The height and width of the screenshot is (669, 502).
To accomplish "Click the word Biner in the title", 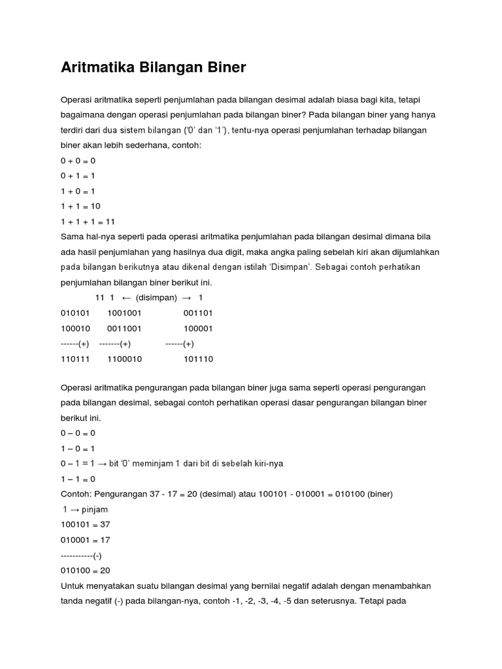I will click(224, 67).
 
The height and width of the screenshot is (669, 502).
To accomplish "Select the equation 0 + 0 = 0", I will click(78, 160).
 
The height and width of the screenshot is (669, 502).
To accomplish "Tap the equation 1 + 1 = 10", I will click(80, 206).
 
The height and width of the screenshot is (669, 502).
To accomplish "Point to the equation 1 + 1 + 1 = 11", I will click(88, 221).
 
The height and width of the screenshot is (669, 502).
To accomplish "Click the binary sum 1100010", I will click(124, 359).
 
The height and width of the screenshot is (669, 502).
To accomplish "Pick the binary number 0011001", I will click(124, 329).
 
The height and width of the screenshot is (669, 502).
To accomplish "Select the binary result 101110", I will click(198, 359).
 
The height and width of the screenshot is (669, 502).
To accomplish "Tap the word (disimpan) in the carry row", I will click(156, 297).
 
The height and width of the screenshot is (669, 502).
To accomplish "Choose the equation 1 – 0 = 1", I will click(78, 448).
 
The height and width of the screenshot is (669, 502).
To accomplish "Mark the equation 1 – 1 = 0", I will click(78, 478).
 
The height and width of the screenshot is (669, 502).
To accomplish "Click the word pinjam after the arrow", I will click(94, 509).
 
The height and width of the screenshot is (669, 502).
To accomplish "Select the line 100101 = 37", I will click(85, 524).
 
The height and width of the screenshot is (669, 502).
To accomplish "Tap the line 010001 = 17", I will click(85, 540).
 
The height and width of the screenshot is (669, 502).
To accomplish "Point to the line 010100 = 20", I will click(85, 570).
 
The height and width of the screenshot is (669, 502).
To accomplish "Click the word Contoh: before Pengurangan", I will click(78, 493).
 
